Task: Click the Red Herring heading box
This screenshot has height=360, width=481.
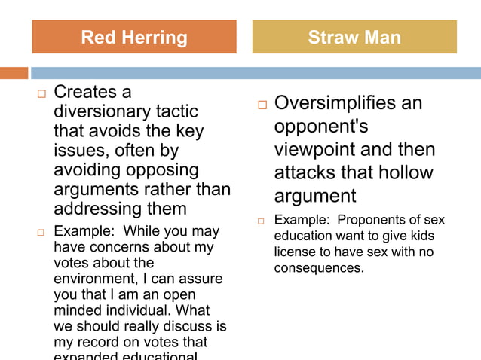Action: pos(133,37)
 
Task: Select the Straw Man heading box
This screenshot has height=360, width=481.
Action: pos(354,37)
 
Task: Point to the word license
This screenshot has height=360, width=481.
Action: pos(297,252)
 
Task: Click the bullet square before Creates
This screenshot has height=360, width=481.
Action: pos(41,94)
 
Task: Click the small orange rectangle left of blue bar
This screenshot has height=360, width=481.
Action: pos(14,73)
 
